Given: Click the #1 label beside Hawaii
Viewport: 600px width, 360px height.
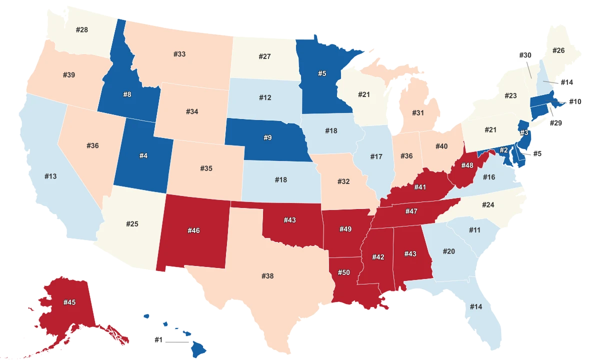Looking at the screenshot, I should pyautogui.click(x=158, y=340).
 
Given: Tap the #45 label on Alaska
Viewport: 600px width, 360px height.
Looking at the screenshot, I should pyautogui.click(x=69, y=302).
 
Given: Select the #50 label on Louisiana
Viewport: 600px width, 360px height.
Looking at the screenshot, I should pyautogui.click(x=343, y=272).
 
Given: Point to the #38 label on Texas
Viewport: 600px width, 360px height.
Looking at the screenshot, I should pyautogui.click(x=267, y=275).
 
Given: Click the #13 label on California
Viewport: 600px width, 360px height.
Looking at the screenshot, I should pyautogui.click(x=50, y=176).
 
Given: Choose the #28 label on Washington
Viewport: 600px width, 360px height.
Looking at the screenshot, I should pyautogui.click(x=82, y=30).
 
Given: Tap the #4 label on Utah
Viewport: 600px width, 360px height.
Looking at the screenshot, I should pyautogui.click(x=143, y=156).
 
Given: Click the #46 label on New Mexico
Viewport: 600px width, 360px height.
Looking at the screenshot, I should pyautogui.click(x=194, y=230).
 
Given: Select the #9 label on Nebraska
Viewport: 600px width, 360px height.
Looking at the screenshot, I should pyautogui.click(x=267, y=137).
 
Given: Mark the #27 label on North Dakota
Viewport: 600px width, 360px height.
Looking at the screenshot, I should pyautogui.click(x=264, y=56).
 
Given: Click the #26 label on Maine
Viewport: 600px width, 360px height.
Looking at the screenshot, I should pyautogui.click(x=558, y=50).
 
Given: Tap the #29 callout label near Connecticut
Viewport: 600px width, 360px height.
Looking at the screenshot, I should pyautogui.click(x=555, y=122).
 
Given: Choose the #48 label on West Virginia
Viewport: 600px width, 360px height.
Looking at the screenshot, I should pyautogui.click(x=467, y=165).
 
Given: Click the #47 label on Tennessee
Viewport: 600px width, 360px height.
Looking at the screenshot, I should pyautogui.click(x=411, y=211).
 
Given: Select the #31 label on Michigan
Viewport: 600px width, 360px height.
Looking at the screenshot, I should pyautogui.click(x=418, y=113).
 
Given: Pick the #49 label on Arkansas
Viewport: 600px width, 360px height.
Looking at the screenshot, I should pyautogui.click(x=345, y=229).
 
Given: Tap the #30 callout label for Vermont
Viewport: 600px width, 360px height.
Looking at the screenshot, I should pyautogui.click(x=524, y=55).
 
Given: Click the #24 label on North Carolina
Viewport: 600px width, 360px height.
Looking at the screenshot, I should pyautogui.click(x=488, y=205).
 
